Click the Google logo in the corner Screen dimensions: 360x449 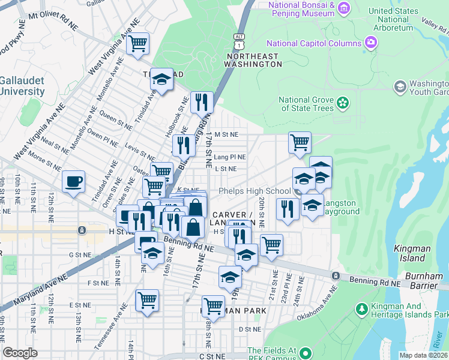coord(20,353)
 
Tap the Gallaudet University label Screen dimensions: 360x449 coord(22,86)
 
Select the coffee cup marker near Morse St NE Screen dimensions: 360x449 coord(73,182)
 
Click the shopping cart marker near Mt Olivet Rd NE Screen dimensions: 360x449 coord(138,44)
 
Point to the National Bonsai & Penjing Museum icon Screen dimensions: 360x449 coord(343,8)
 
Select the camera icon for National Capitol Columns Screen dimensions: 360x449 coord(371,43)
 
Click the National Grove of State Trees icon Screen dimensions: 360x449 coord(342,103)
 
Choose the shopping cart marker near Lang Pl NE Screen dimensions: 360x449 coord(300,143)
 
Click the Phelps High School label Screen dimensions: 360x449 coord(254,191)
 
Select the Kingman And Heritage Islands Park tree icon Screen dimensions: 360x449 coord(361,309)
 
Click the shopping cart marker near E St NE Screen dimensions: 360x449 coord(147,300)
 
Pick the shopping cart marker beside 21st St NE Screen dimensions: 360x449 coord(271,245)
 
